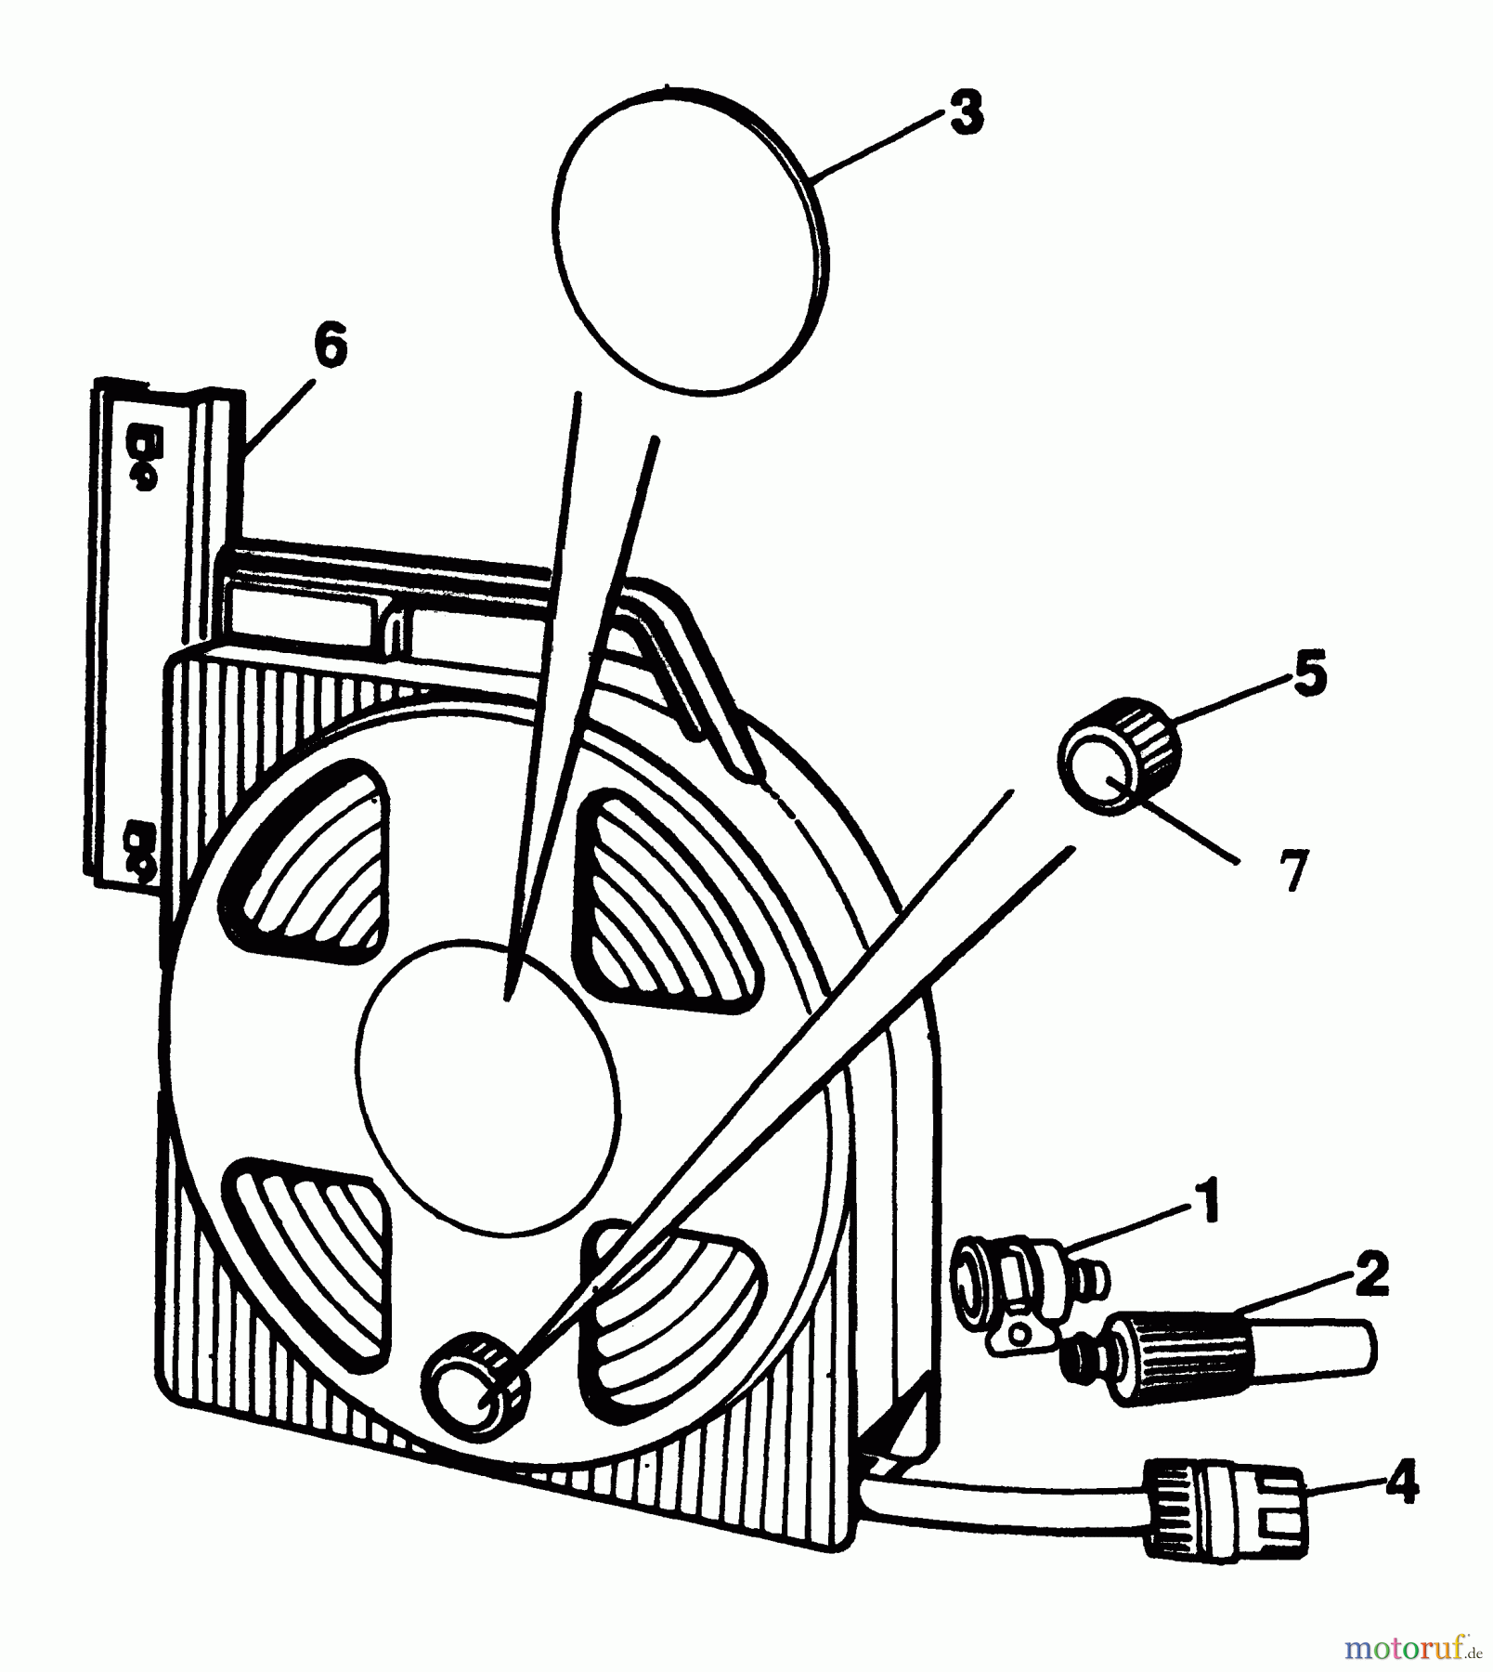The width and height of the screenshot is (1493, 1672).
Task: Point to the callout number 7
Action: [1293, 870]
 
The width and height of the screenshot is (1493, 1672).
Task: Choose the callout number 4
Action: [1401, 1482]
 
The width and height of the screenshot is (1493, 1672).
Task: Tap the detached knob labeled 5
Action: [1119, 755]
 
